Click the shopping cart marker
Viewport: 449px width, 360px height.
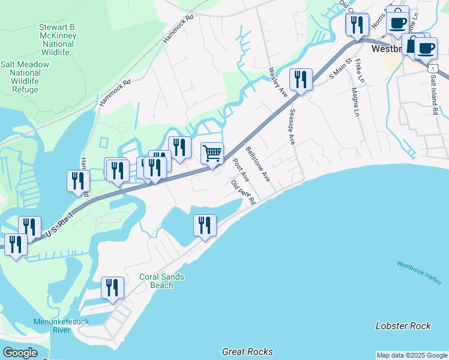tap(212, 153)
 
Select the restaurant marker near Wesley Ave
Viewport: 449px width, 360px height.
tap(301, 79)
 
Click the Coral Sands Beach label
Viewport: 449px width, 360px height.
tap(161, 281)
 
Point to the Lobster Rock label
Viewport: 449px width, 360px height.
tap(403, 326)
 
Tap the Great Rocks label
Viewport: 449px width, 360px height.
tap(247, 352)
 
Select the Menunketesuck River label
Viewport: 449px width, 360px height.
tap(61, 326)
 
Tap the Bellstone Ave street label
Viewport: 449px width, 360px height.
tap(258, 164)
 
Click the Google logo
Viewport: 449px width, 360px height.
tap(20, 353)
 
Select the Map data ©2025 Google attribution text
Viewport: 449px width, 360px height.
tap(412, 355)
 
